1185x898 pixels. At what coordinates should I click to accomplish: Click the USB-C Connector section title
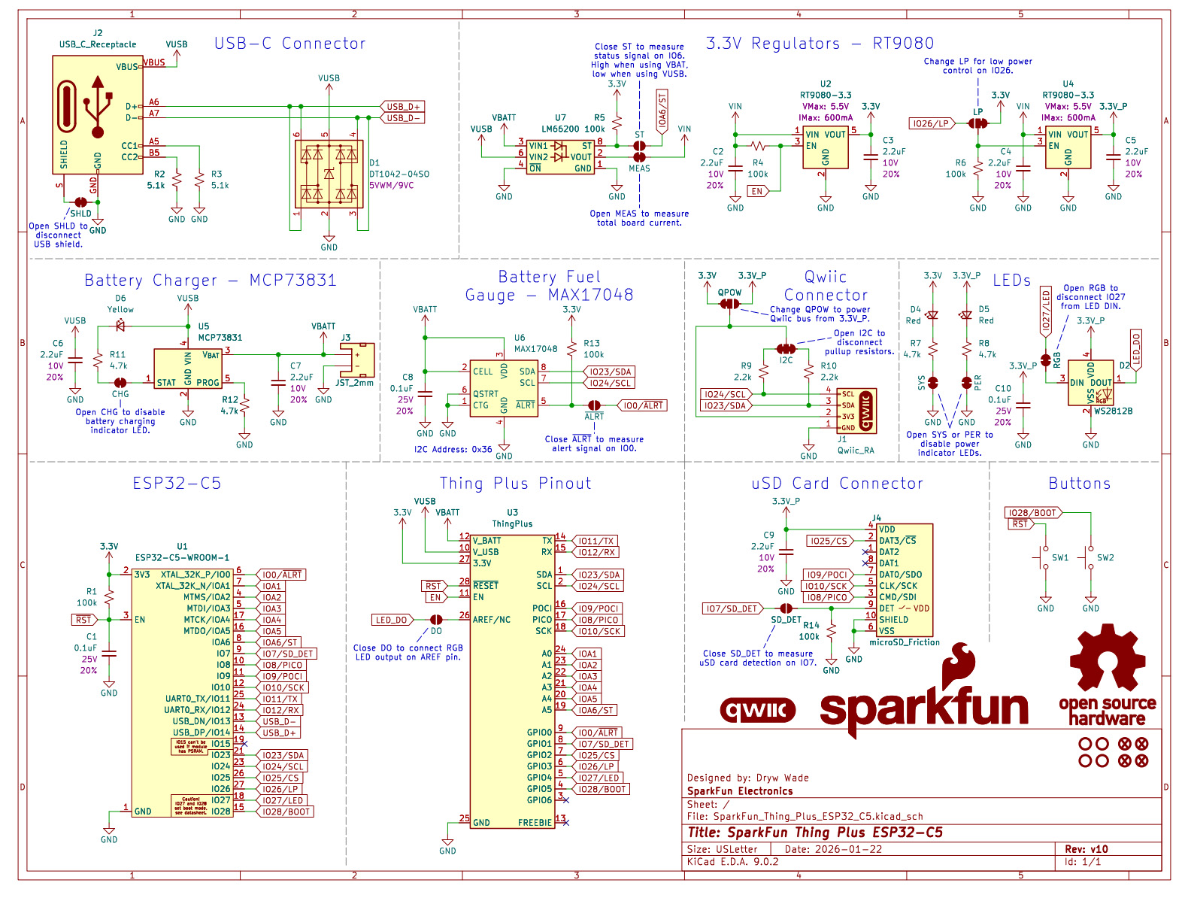click(x=290, y=44)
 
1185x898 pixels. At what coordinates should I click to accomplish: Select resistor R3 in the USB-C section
click(x=199, y=181)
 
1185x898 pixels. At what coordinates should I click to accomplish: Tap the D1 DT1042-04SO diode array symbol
click(x=329, y=174)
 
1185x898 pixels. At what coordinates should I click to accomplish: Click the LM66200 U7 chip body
click(x=560, y=156)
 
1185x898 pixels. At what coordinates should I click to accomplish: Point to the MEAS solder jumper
click(x=639, y=157)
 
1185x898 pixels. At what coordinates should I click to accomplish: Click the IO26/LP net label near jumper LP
click(x=932, y=123)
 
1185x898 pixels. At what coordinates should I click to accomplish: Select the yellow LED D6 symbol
click(x=120, y=326)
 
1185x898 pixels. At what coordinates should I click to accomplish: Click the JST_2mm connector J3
click(x=357, y=360)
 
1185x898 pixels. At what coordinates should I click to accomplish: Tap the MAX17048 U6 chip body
click(x=504, y=388)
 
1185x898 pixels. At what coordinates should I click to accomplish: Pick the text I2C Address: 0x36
click(x=453, y=449)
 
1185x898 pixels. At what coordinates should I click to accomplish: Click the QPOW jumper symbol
click(x=729, y=304)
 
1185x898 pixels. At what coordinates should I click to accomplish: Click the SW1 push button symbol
click(x=1044, y=558)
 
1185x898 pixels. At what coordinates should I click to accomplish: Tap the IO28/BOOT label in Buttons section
click(x=1032, y=513)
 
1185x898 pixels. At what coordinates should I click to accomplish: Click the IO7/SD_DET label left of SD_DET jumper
click(x=732, y=608)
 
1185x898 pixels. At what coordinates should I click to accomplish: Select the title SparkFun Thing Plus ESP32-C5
click(x=814, y=833)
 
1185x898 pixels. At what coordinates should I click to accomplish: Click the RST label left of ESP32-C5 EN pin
click(x=83, y=620)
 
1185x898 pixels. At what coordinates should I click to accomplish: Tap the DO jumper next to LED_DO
click(x=436, y=620)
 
